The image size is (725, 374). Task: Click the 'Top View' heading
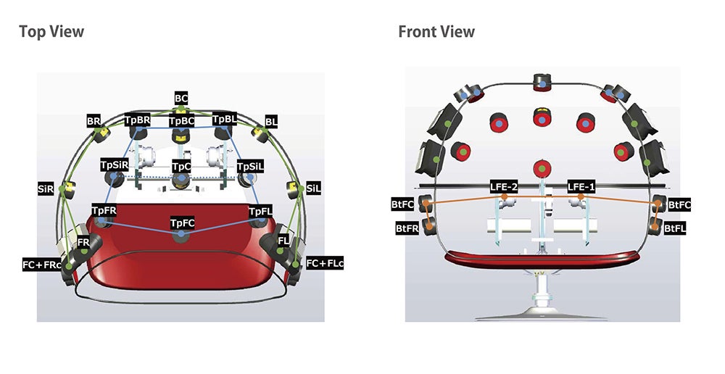click(x=51, y=32)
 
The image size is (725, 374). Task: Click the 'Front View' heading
click(x=436, y=32)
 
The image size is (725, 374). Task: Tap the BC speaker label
click(x=181, y=96)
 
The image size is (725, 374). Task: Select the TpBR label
click(x=138, y=119)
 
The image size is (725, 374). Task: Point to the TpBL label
click(x=225, y=118)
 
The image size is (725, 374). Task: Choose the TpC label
click(x=181, y=166)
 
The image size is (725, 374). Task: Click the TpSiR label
click(x=115, y=165)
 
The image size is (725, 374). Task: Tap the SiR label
click(x=46, y=188)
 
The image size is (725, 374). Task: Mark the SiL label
click(x=314, y=188)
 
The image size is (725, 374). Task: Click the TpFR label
click(x=104, y=210)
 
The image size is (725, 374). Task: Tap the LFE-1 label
click(x=581, y=186)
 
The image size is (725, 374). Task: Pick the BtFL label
click(x=676, y=228)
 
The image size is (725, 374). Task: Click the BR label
click(x=94, y=120)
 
